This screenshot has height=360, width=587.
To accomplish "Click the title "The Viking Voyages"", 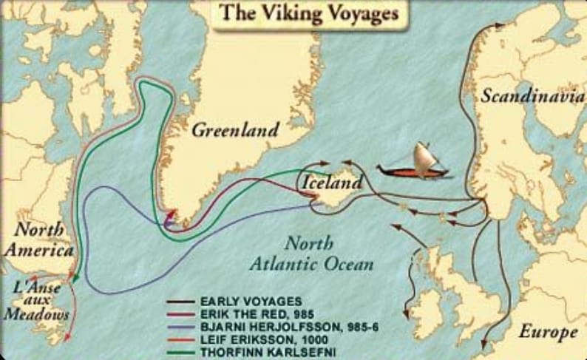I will click(x=310, y=13).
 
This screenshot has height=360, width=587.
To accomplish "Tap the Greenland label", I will click(x=236, y=130).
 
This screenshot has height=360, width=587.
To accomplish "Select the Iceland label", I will click(x=333, y=182).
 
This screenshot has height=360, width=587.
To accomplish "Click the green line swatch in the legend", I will click(x=180, y=351).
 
